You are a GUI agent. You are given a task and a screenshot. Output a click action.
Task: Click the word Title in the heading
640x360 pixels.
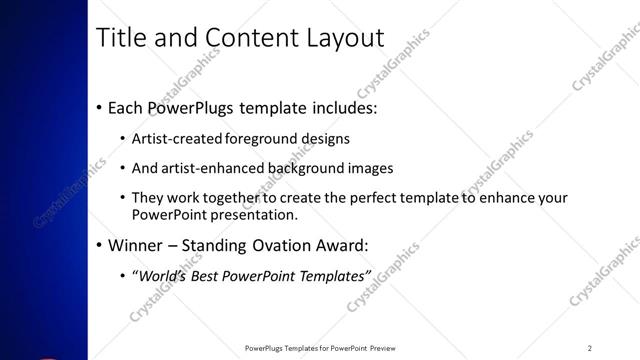(119, 38)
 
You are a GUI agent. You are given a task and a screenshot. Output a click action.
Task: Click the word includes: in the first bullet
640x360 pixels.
(339, 108)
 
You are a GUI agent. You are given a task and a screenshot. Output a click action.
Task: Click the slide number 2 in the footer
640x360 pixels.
(590, 348)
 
